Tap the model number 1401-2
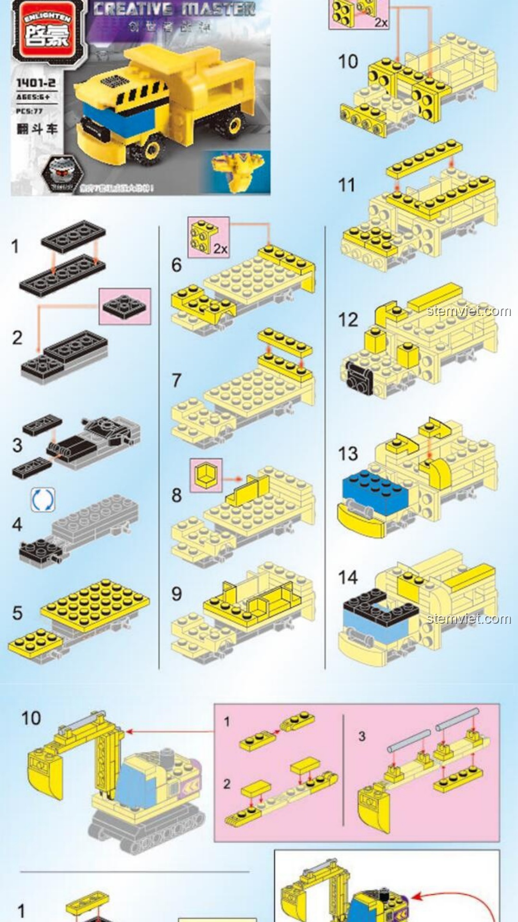(36, 83)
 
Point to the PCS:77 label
(29, 111)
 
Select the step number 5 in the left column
(17, 613)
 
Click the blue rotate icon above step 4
(43, 500)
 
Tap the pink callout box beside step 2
(125, 306)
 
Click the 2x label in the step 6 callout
(220, 248)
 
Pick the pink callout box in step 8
(206, 475)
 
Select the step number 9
(177, 594)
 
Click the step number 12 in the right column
(348, 320)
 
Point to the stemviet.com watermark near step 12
(469, 311)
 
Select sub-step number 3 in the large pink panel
(362, 736)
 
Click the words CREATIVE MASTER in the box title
(174, 10)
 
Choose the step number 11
(347, 185)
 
